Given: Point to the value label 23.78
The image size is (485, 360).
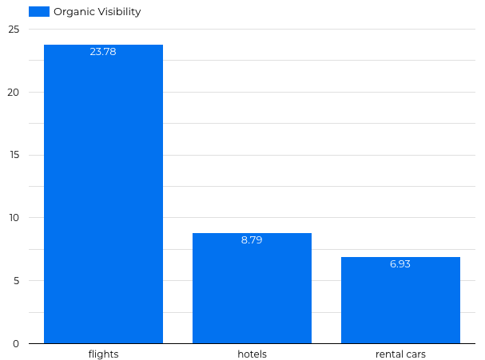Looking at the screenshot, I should (x=103, y=52).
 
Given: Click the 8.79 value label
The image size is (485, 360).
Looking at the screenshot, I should (x=252, y=239).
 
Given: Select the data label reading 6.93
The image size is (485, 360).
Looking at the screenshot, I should (x=400, y=263).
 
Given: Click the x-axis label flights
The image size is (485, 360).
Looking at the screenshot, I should (x=103, y=354).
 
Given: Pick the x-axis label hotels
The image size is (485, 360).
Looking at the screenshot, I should (x=252, y=354).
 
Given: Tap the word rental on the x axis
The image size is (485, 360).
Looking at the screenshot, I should (x=389, y=354).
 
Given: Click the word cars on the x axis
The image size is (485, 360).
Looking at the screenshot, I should (x=415, y=354).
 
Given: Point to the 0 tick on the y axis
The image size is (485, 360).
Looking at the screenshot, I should (x=15, y=344).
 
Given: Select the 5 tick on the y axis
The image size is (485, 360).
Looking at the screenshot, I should (x=15, y=281).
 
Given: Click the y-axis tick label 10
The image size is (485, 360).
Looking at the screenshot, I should (x=14, y=218).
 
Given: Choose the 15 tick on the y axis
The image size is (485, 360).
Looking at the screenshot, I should (x=14, y=155).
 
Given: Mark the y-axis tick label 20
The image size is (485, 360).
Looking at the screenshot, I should (x=14, y=93).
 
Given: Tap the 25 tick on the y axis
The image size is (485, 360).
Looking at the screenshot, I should (x=14, y=30).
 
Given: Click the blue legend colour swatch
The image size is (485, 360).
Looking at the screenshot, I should (x=39, y=12).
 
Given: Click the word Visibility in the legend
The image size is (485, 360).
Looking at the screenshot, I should (x=117, y=12).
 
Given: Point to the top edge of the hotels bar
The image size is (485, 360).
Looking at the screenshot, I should (x=252, y=233).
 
